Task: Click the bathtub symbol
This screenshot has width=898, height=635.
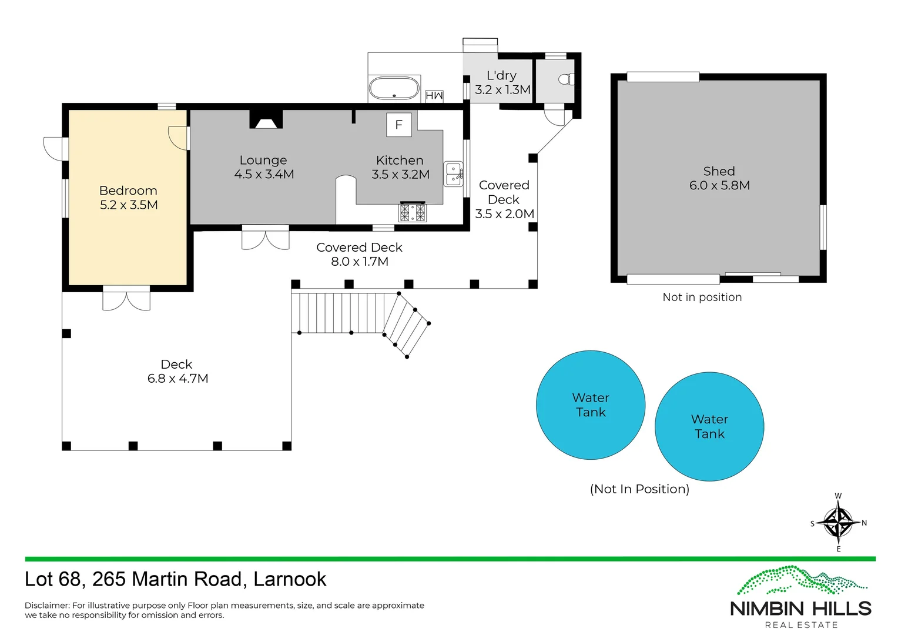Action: point(394,89)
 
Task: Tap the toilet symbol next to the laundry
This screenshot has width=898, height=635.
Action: point(565,79)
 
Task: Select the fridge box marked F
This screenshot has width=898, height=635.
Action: point(398,125)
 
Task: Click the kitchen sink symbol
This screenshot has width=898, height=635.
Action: point(453,173)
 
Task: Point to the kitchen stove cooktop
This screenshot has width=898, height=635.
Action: point(413,212)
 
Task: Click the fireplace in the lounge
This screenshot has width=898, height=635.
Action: point(266,120)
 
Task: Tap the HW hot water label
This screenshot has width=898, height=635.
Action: point(434,95)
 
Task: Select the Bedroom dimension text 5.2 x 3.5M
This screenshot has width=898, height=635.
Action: point(129,205)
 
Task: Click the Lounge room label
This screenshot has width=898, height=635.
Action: point(263,160)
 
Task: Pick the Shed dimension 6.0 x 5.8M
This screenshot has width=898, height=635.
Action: point(719,185)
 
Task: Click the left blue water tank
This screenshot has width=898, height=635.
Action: point(591,405)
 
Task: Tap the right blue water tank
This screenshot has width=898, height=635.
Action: point(709,427)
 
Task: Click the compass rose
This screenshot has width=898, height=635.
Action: point(838,523)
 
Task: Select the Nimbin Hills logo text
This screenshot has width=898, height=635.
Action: point(800,609)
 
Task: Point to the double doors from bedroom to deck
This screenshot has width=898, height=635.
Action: point(126,298)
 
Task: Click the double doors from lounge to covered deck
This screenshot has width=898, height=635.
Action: point(266,238)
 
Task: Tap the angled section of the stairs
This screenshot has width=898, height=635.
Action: point(407,325)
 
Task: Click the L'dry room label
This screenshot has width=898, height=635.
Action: point(501,76)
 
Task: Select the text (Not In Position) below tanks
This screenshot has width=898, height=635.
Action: point(639,489)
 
